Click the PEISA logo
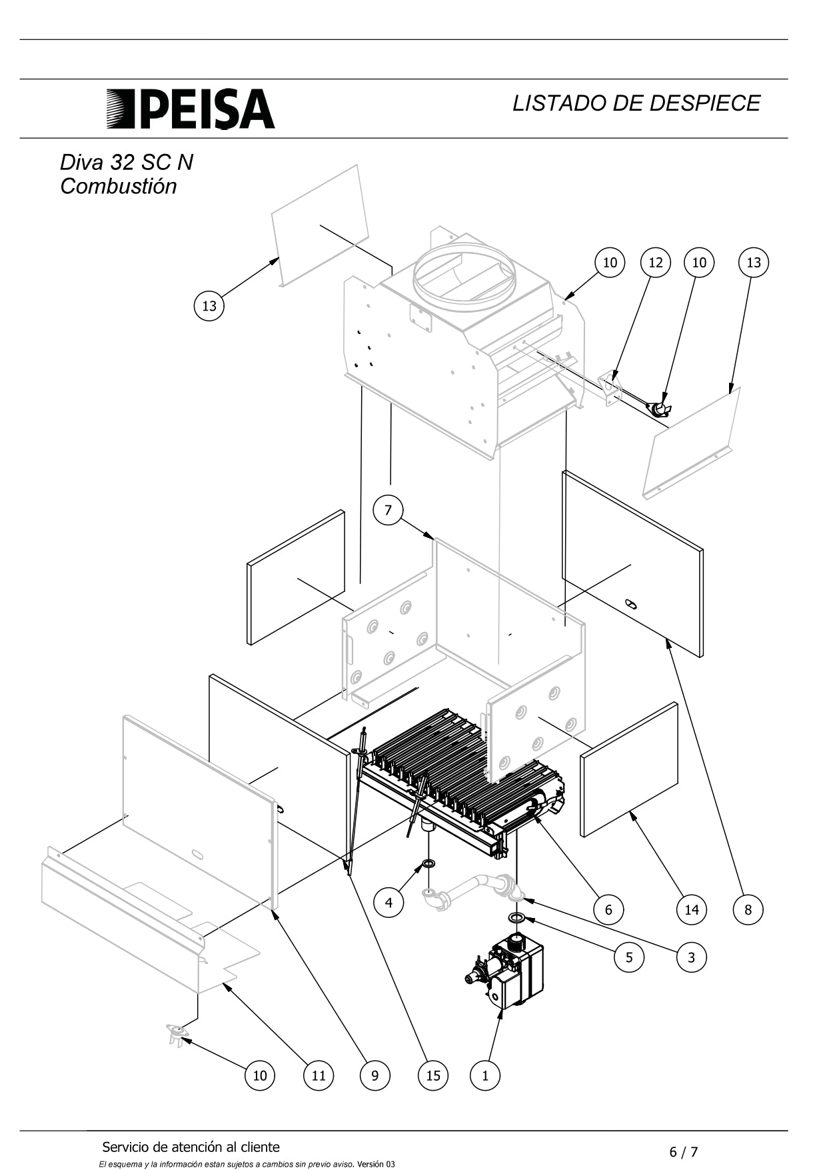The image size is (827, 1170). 191,109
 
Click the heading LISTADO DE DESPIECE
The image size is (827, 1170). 636,103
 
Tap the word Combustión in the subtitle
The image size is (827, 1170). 119,187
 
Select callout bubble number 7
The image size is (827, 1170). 388,511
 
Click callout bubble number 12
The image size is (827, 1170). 656,262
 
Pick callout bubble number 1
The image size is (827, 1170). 484,1075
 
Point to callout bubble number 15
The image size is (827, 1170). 433,1075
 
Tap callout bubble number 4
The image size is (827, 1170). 389,903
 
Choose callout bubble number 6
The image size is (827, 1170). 608,909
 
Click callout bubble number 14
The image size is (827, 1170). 691,909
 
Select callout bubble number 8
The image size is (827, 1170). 748,909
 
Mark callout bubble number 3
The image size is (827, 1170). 691,957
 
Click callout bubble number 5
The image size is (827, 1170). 629,957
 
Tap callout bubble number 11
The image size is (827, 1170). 319,1075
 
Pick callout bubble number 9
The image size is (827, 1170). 375,1075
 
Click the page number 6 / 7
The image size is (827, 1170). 684,1152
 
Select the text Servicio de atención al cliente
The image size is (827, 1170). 191,1147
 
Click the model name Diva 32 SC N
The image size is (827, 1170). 127,163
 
